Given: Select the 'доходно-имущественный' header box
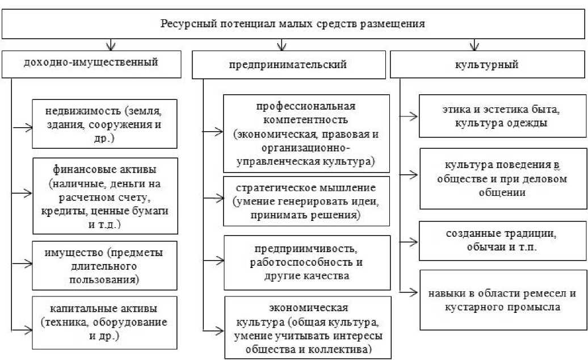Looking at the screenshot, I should (91, 62).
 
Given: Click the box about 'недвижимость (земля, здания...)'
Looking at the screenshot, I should (105, 124).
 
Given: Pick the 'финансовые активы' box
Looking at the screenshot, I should (105, 195).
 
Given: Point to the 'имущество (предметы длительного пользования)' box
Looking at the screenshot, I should (105, 265).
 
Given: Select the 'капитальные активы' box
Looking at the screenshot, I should (105, 322).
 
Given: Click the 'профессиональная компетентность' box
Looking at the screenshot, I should (307, 133).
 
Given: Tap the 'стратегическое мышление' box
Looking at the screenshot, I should (307, 201).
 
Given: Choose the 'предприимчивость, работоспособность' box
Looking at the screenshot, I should (307, 262).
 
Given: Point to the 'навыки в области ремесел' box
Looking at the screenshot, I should (502, 300).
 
